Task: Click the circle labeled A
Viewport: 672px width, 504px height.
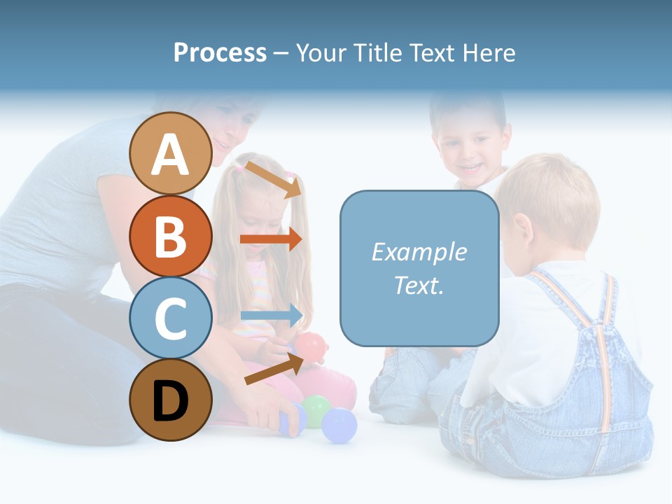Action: [170, 153]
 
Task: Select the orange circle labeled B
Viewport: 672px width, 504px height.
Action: [170, 236]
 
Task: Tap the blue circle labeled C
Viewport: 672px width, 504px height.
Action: [170, 318]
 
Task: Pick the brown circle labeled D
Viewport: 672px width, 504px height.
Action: [170, 400]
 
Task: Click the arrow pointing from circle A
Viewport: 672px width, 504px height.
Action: [272, 180]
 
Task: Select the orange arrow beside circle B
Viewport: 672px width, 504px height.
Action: [271, 239]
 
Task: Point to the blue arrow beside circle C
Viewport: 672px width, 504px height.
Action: [272, 316]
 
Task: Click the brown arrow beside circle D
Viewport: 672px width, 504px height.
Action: [273, 369]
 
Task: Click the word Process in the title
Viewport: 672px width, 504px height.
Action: [220, 53]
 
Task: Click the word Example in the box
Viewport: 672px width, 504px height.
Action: [419, 252]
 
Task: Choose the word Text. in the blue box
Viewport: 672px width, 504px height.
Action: [419, 286]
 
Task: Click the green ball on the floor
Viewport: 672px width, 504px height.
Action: [316, 410]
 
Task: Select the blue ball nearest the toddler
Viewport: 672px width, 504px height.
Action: [339, 426]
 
